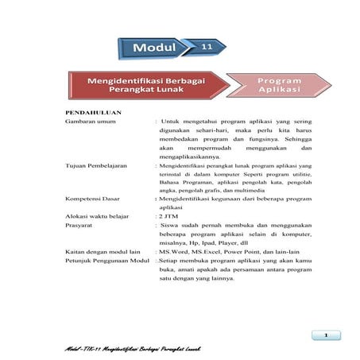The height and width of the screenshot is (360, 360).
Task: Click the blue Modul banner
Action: (x=154, y=48)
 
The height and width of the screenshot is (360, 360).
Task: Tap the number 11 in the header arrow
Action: (x=206, y=48)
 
